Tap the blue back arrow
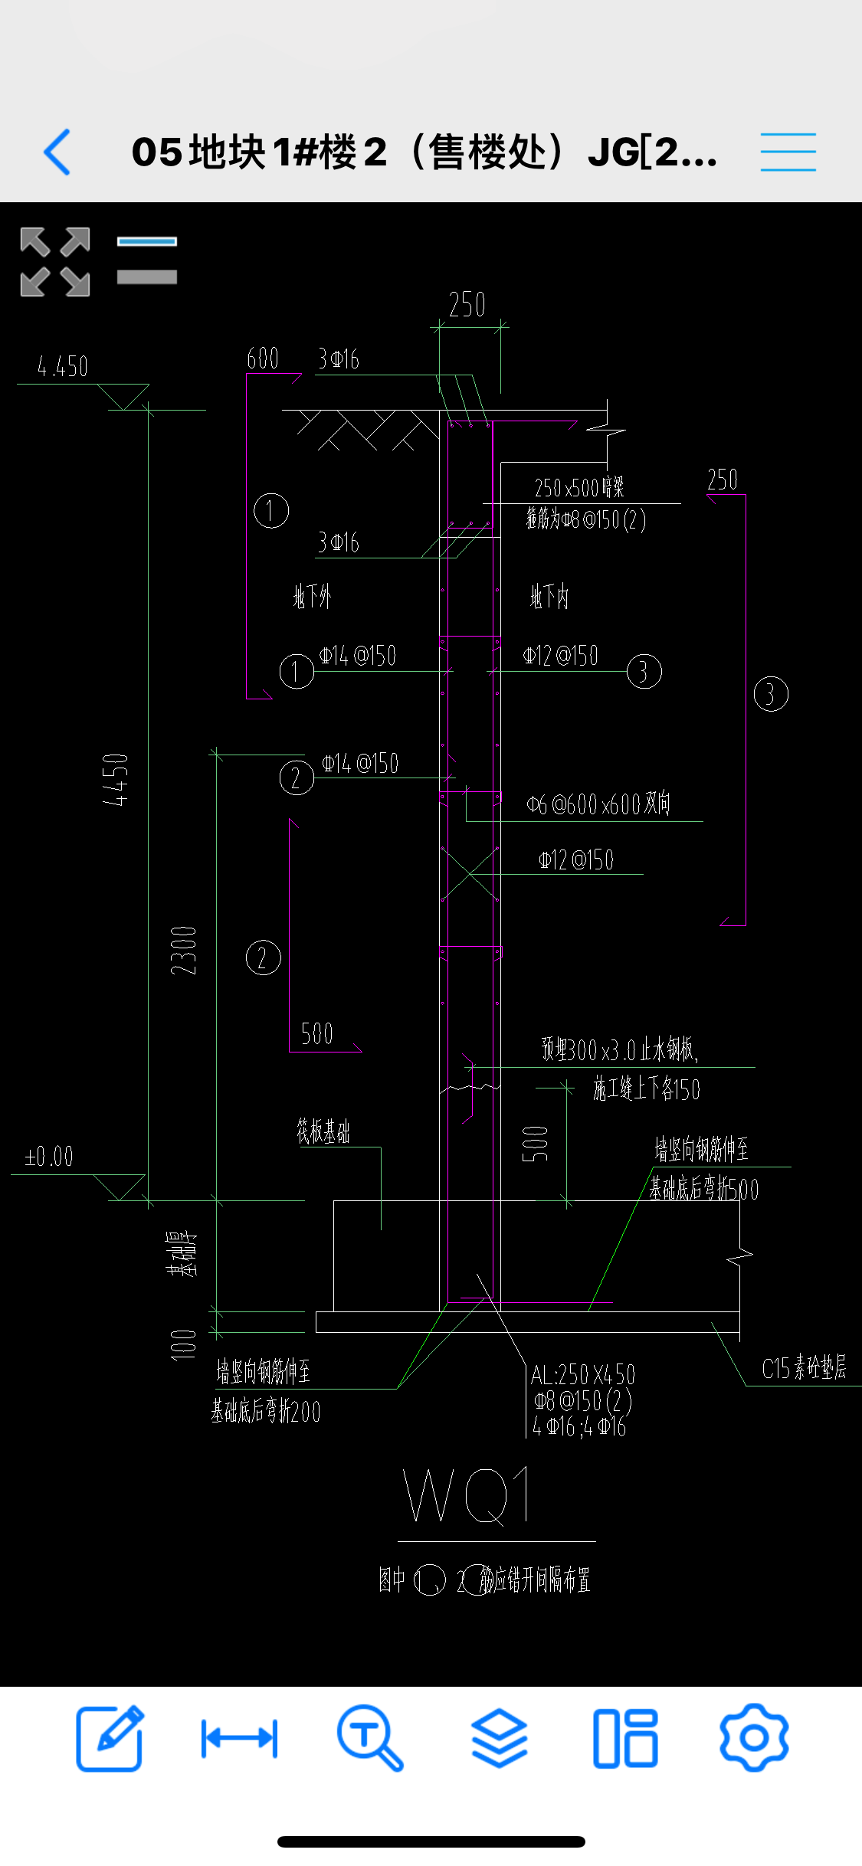tap(57, 152)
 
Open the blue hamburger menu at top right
tap(788, 152)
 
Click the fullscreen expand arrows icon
tap(55, 262)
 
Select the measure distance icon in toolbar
tap(239, 1738)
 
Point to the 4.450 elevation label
tap(63, 367)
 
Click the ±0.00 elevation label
tap(49, 1157)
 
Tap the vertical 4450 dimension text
tap(116, 780)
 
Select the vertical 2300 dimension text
tap(184, 951)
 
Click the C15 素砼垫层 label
tap(804, 1367)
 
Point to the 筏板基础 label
tap(323, 1131)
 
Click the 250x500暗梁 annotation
tap(579, 488)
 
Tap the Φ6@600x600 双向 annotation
tap(598, 804)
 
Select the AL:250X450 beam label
tap(583, 1374)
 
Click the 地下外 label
tap(313, 596)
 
